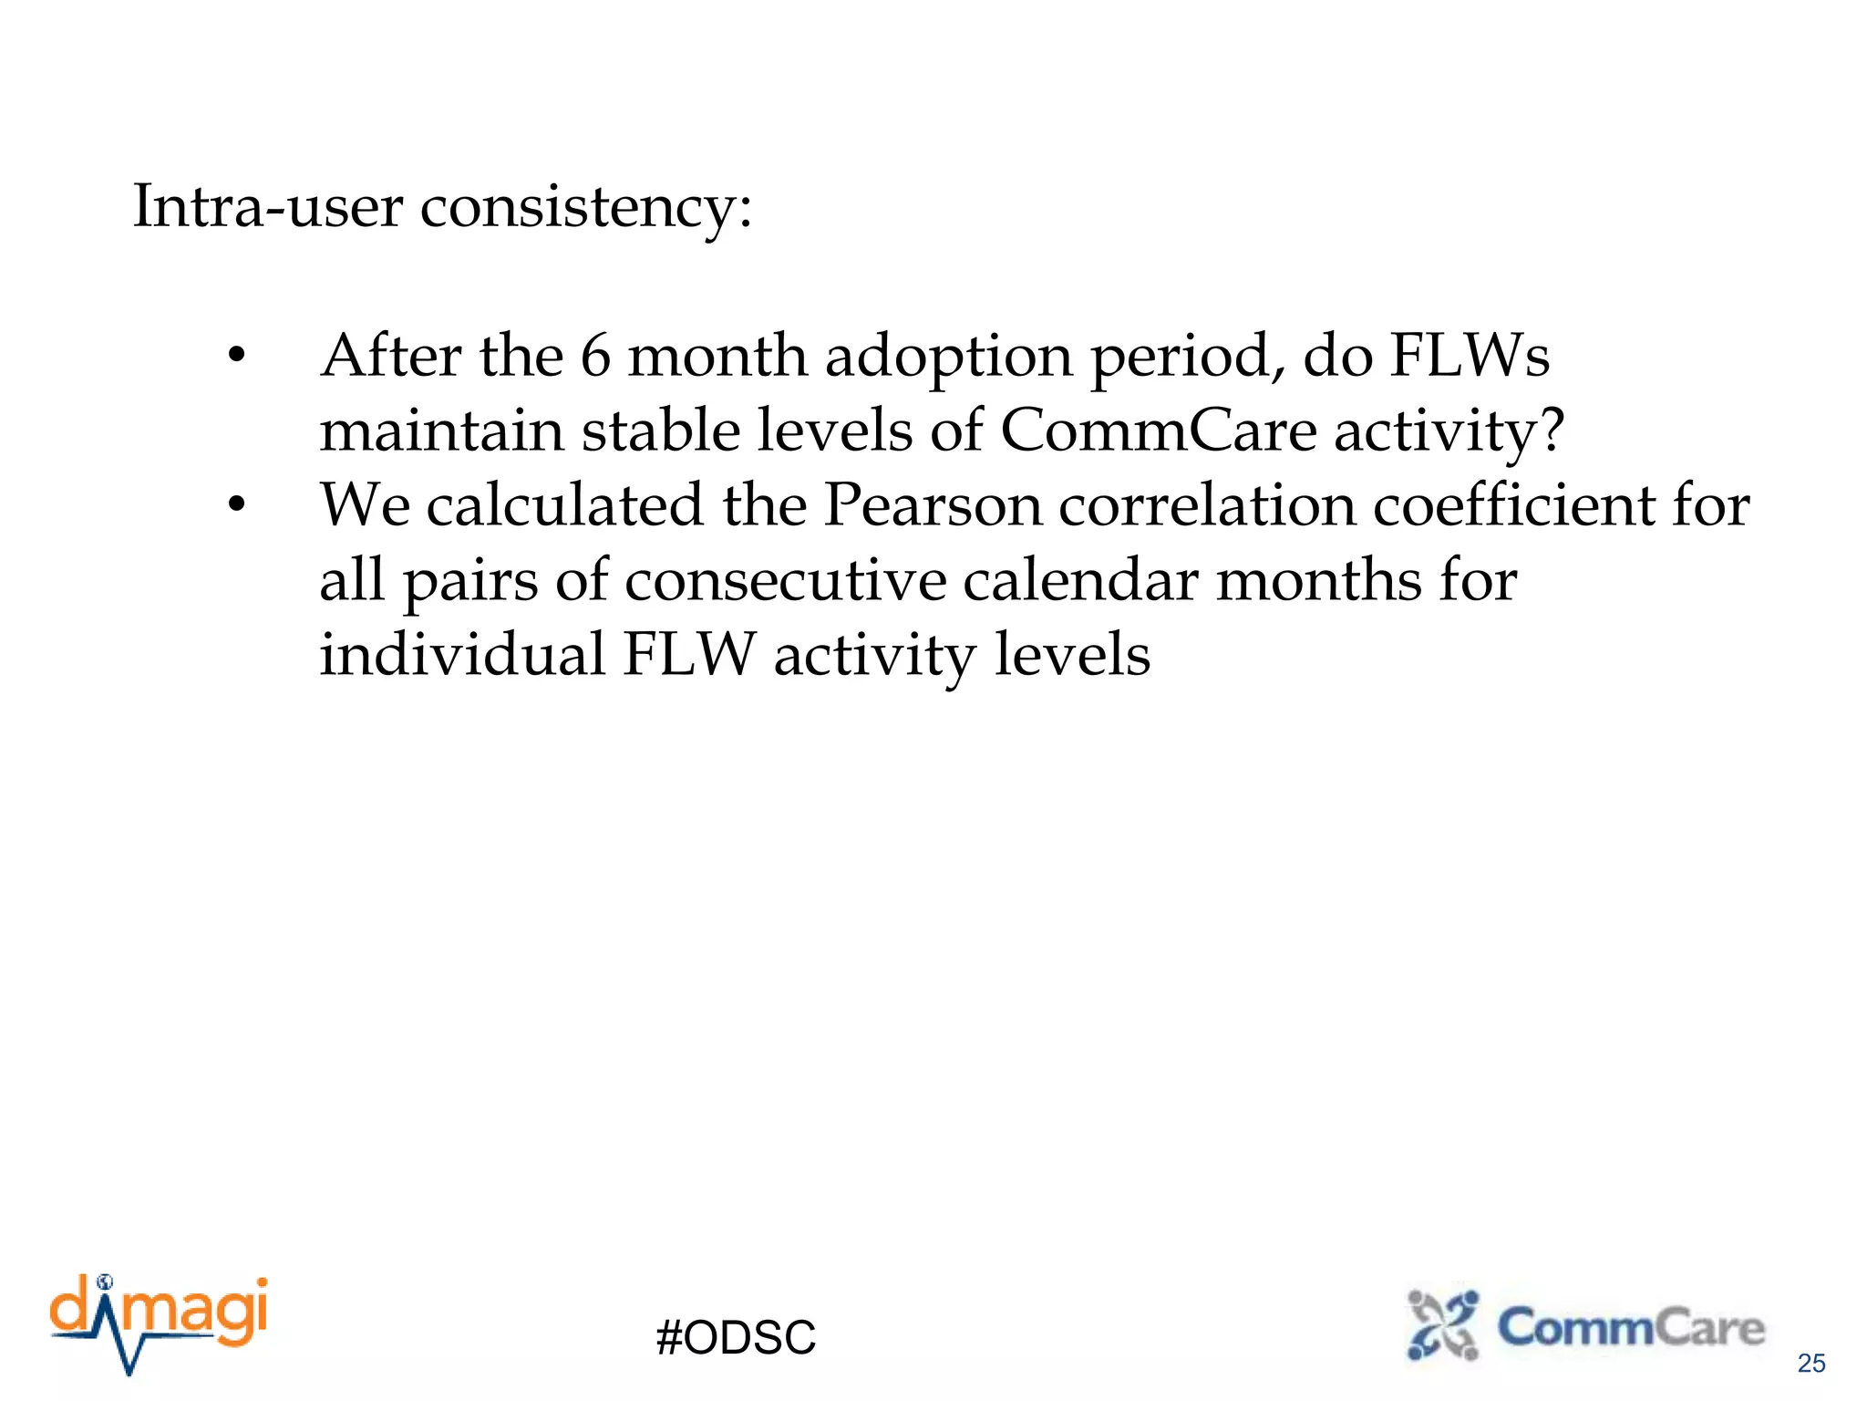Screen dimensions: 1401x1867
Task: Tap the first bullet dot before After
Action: (x=237, y=356)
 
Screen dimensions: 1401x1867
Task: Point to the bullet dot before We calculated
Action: (x=237, y=505)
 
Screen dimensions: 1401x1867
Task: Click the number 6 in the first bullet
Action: (x=595, y=356)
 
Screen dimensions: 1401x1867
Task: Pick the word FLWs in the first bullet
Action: (x=1469, y=356)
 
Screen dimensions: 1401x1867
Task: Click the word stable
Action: (x=661, y=431)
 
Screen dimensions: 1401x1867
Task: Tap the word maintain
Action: (x=441, y=431)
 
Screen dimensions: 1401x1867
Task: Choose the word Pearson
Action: (x=933, y=505)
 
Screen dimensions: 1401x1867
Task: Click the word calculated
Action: (x=565, y=505)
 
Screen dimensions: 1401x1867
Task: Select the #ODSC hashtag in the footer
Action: (x=736, y=1338)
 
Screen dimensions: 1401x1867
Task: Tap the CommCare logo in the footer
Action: (x=1586, y=1326)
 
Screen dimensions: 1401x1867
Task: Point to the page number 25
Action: (x=1811, y=1364)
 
